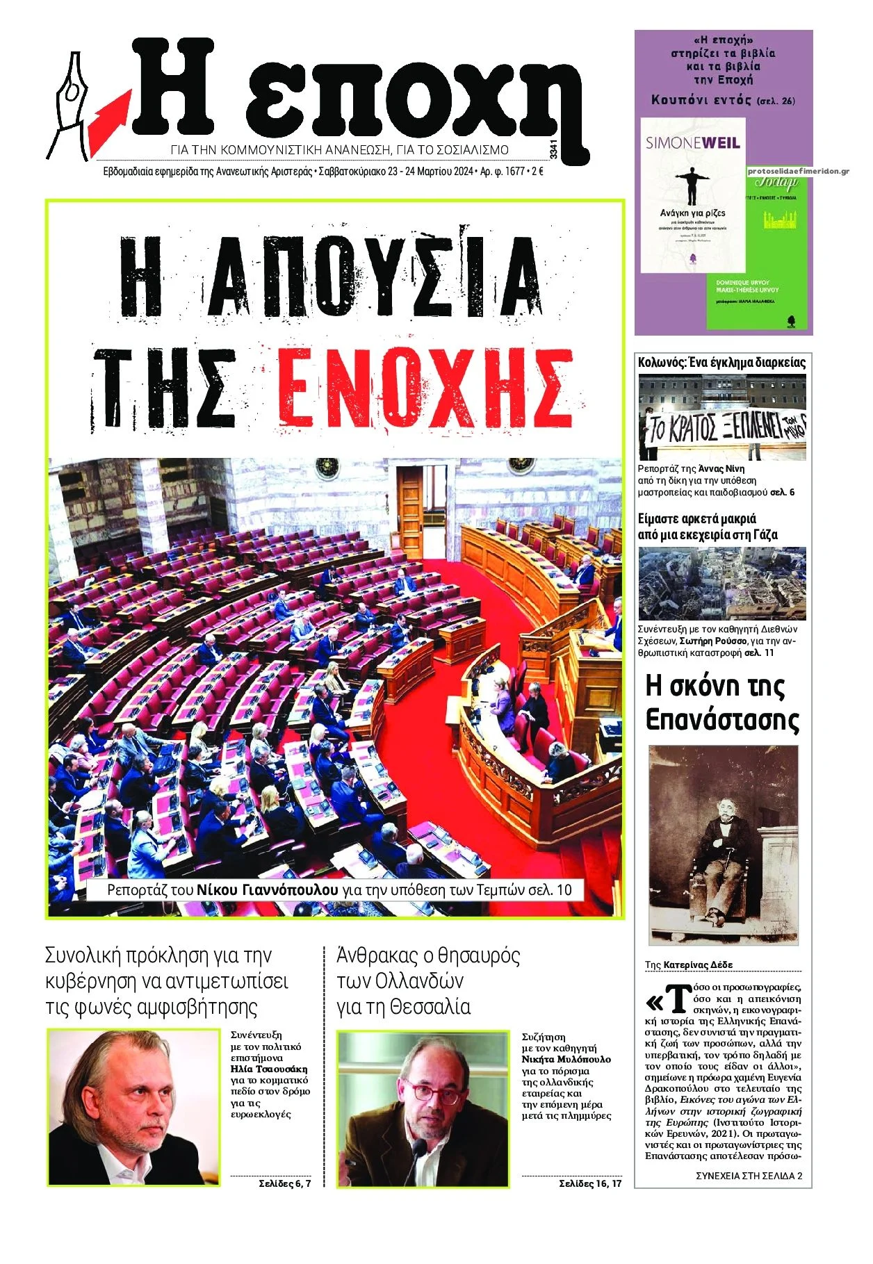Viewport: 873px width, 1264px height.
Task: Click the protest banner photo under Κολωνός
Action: click(x=722, y=417)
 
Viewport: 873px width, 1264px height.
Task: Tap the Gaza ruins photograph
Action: click(x=722, y=583)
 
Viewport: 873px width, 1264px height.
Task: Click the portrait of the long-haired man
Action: click(x=133, y=1108)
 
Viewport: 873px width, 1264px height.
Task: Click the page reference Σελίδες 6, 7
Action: click(x=284, y=1183)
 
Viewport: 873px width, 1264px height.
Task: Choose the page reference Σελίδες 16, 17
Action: click(x=590, y=1183)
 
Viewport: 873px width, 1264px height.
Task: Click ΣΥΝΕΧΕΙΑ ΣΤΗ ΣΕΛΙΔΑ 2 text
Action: click(x=749, y=1176)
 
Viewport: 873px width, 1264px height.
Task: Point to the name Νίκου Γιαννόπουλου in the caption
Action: click(x=267, y=890)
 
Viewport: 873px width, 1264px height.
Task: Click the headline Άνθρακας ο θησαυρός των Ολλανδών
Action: click(x=427, y=980)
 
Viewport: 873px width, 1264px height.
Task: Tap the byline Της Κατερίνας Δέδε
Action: click(x=688, y=965)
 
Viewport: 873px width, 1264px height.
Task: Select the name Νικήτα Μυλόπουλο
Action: click(x=566, y=1059)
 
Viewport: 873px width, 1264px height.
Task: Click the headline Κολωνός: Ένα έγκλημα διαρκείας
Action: click(x=721, y=362)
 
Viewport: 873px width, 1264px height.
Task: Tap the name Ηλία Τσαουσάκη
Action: click(x=268, y=1069)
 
